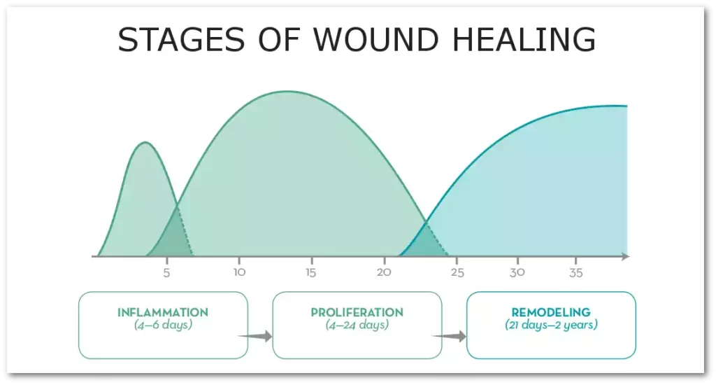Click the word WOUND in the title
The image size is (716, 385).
click(x=375, y=39)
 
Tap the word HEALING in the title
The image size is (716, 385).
click(x=524, y=39)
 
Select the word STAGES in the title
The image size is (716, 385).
click(x=181, y=39)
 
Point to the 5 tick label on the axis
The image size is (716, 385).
click(x=166, y=273)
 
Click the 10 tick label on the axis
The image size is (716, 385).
click(x=239, y=272)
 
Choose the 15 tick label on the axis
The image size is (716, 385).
click(x=311, y=273)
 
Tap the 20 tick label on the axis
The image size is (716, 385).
click(x=384, y=272)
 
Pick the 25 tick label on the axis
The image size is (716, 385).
click(x=457, y=273)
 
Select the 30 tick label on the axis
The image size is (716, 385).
click(x=517, y=272)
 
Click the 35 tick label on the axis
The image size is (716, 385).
click(x=576, y=273)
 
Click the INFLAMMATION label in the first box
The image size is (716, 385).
click(x=163, y=313)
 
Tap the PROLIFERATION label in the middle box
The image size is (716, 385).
click(x=357, y=313)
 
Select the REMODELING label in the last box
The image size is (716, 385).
click(x=551, y=313)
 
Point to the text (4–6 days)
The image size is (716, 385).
click(x=163, y=325)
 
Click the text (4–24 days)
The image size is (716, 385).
click(x=357, y=325)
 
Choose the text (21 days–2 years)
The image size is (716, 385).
click(x=551, y=325)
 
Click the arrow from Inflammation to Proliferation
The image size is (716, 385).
click(x=255, y=337)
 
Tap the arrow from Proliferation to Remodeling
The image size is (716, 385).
click(x=449, y=337)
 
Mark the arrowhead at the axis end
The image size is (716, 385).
click(x=626, y=256)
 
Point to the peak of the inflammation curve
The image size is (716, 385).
click(x=145, y=143)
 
